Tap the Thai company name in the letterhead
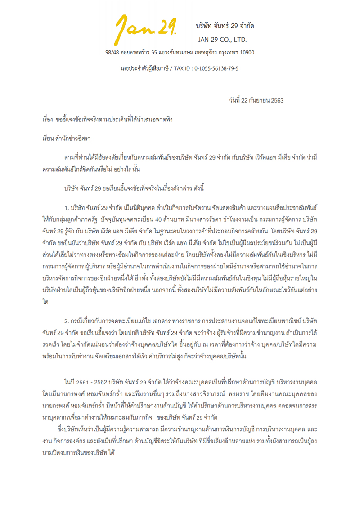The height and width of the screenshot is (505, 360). (x=225, y=26)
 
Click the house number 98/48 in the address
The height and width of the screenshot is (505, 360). (x=111, y=53)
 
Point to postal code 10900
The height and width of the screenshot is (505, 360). (x=245, y=53)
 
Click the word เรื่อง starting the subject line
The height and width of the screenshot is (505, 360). (x=45, y=121)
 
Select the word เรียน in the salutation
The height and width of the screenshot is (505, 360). (x=45, y=139)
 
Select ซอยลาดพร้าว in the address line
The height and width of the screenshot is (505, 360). (x=134, y=53)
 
